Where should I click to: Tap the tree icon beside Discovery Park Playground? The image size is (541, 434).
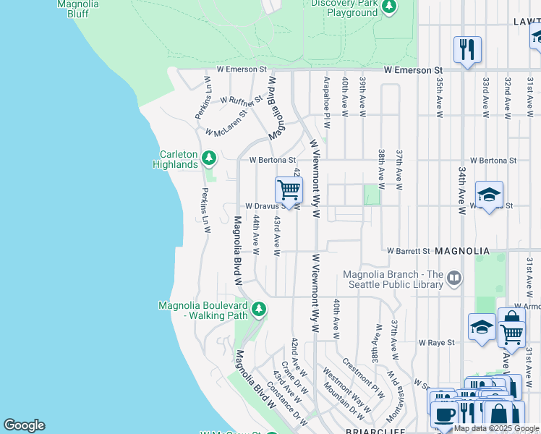pos(389,7)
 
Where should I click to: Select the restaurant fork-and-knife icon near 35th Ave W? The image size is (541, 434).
pos(467,51)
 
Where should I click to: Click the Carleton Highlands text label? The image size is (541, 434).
pos(175,159)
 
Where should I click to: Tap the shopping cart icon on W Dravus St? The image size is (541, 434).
pos(289,190)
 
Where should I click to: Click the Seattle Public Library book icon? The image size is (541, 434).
pos(454,277)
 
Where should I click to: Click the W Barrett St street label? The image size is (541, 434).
pos(409,251)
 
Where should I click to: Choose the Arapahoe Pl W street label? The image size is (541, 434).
pos(327,98)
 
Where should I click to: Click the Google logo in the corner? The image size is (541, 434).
pos(24,425)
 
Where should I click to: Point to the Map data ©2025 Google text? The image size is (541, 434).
pos(496,429)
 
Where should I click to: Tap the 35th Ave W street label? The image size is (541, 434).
pos(439,98)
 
